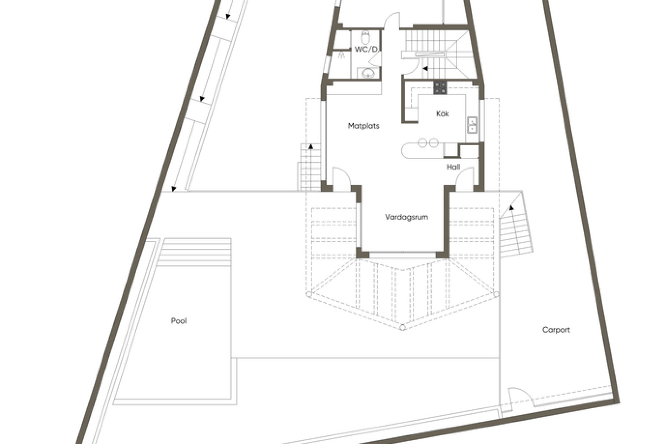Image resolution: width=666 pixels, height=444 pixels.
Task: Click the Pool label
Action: pos(179,321)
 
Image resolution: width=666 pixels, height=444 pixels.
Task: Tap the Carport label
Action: pos(556,330)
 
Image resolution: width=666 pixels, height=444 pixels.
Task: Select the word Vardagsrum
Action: pos(407,217)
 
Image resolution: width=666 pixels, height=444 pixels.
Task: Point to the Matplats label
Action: pos(364,126)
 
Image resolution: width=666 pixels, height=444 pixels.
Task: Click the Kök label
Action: pos(442,113)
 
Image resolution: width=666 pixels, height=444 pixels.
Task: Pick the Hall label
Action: pos(453,167)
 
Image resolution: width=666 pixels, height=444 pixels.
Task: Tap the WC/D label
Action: pos(366,50)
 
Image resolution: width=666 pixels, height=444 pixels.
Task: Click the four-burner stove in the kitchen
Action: pos(440,87)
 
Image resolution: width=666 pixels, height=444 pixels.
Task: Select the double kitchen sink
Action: pos(472,125)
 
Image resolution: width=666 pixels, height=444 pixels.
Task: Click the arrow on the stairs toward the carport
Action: pos(511,208)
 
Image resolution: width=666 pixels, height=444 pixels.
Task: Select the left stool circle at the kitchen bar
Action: pos(422,143)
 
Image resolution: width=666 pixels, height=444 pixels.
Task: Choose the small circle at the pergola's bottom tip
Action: pos(402,327)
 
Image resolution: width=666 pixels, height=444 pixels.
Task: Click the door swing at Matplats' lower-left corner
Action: pos(341,177)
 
